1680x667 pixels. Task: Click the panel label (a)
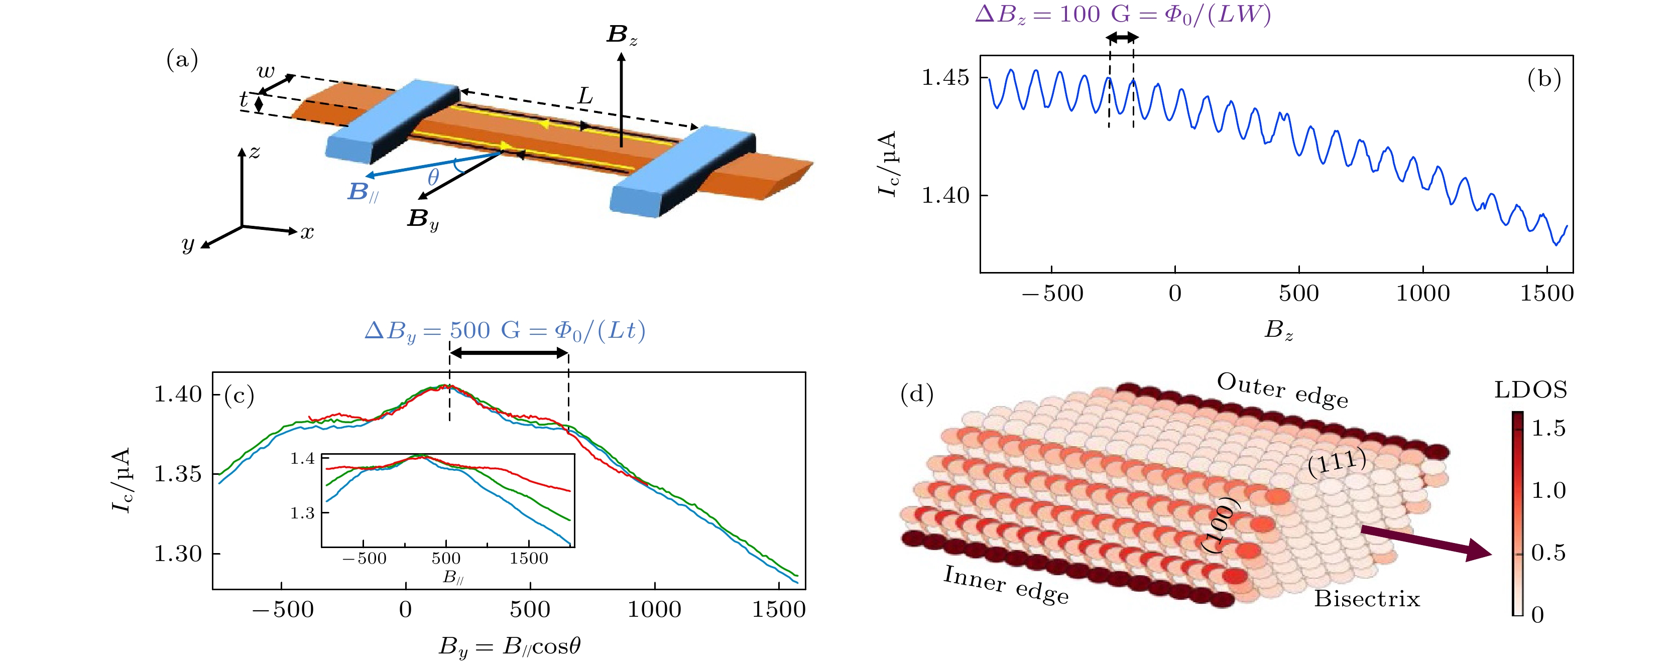(182, 61)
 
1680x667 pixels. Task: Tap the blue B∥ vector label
(362, 192)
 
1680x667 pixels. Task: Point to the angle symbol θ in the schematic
(433, 177)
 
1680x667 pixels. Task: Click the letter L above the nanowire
(585, 97)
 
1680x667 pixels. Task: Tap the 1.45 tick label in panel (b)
(945, 78)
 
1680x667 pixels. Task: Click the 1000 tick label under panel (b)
(1422, 294)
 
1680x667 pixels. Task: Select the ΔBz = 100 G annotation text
(1122, 15)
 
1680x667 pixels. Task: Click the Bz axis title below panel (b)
(1278, 330)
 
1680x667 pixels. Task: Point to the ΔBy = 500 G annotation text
(505, 331)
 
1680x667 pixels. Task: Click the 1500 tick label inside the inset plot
(529, 559)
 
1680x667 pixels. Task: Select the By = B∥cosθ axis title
(509, 646)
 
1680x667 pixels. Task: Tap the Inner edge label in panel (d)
(1006, 585)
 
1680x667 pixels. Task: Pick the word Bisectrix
(1366, 599)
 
